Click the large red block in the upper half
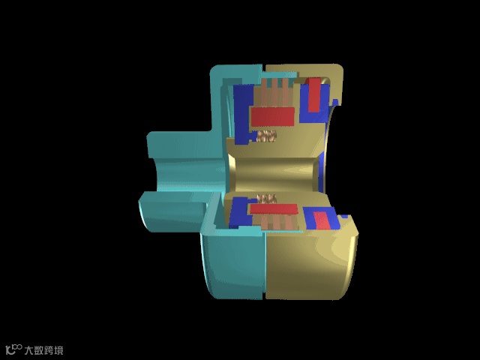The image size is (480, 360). point(272,117)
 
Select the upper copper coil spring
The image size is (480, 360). point(266,136)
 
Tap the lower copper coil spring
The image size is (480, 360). point(267,199)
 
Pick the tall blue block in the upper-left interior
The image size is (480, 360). point(244,114)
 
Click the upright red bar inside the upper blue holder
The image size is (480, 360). point(314,95)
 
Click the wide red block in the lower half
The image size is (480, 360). point(274,209)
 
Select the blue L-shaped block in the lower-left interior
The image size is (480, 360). point(240,213)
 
